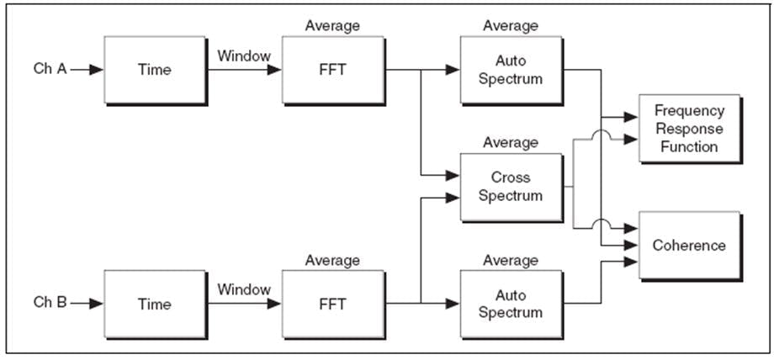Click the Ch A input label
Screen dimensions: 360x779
pyautogui.click(x=50, y=70)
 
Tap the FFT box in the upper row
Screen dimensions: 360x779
pyautogui.click(x=332, y=70)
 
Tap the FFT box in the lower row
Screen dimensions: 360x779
pyautogui.click(x=332, y=304)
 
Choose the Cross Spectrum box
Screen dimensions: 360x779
pyautogui.click(x=511, y=187)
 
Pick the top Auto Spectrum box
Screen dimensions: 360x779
pyautogui.click(x=511, y=70)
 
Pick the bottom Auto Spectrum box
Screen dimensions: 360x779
pyautogui.click(x=511, y=304)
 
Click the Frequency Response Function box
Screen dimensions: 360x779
pyautogui.click(x=688, y=129)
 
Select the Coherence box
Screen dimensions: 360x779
pyautogui.click(x=688, y=246)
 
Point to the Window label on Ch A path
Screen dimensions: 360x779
pyautogui.click(x=244, y=56)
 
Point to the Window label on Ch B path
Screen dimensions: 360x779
pyautogui.click(x=244, y=289)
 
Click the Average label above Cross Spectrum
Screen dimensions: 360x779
pyautogui.click(x=511, y=143)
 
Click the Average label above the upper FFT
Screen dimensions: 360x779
pyautogui.click(x=332, y=26)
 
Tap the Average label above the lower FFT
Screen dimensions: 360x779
pyautogui.click(x=332, y=261)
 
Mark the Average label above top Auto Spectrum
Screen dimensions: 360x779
pyautogui.click(x=511, y=26)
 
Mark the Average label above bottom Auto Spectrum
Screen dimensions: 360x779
pyautogui.click(x=511, y=261)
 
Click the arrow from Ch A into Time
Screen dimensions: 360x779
pyautogui.click(x=87, y=70)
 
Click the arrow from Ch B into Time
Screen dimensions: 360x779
pyautogui.click(x=87, y=304)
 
